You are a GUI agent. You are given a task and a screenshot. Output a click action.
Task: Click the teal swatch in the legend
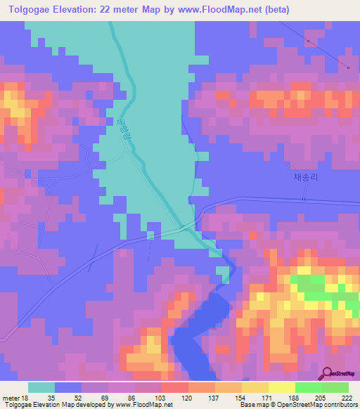(x=41, y=387)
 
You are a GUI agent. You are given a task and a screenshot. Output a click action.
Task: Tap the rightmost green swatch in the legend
(x=335, y=387)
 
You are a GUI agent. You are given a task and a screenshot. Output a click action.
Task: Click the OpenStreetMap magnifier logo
(x=327, y=375)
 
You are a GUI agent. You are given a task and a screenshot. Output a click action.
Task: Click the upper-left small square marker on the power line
(x=308, y=41)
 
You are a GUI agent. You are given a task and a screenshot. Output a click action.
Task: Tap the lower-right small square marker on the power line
(x=348, y=67)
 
